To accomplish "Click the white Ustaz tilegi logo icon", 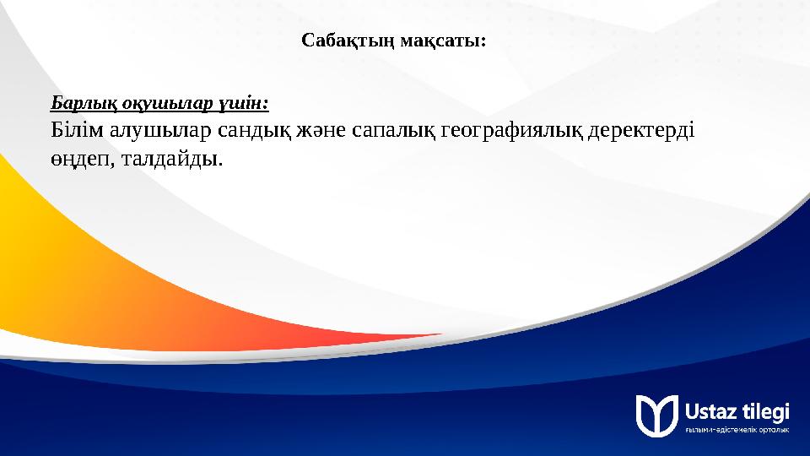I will [x=656, y=415].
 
